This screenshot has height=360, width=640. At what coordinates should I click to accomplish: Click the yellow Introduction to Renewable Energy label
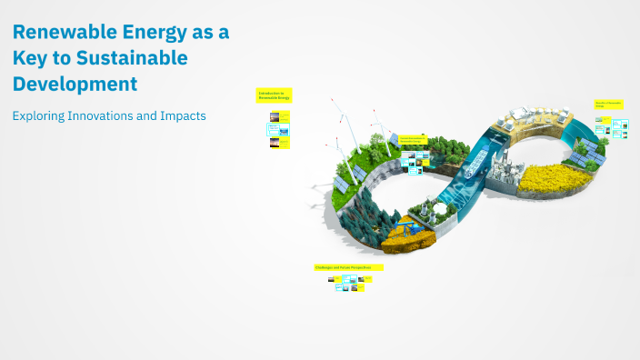(x=273, y=95)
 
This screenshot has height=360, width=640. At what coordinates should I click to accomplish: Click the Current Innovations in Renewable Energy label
(x=413, y=138)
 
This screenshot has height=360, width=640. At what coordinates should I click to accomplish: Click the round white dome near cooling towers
(x=442, y=209)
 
